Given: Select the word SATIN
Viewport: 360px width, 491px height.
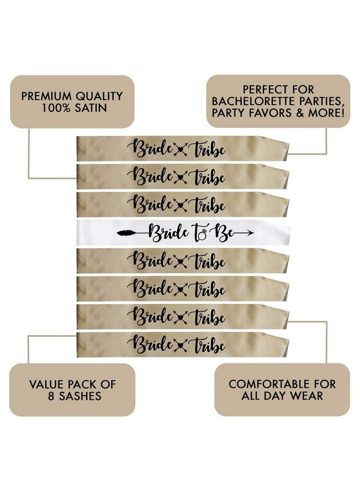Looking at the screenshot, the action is [x=91, y=107].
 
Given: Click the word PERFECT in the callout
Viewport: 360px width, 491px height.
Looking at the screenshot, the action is [x=262, y=89].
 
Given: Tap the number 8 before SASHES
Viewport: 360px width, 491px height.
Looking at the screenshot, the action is [x=51, y=396].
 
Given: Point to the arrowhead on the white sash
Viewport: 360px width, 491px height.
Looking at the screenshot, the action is [x=250, y=232].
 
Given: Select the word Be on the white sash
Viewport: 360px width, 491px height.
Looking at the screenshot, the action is [x=221, y=232].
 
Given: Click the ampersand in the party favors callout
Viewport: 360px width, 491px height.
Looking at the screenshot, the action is [x=300, y=113].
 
